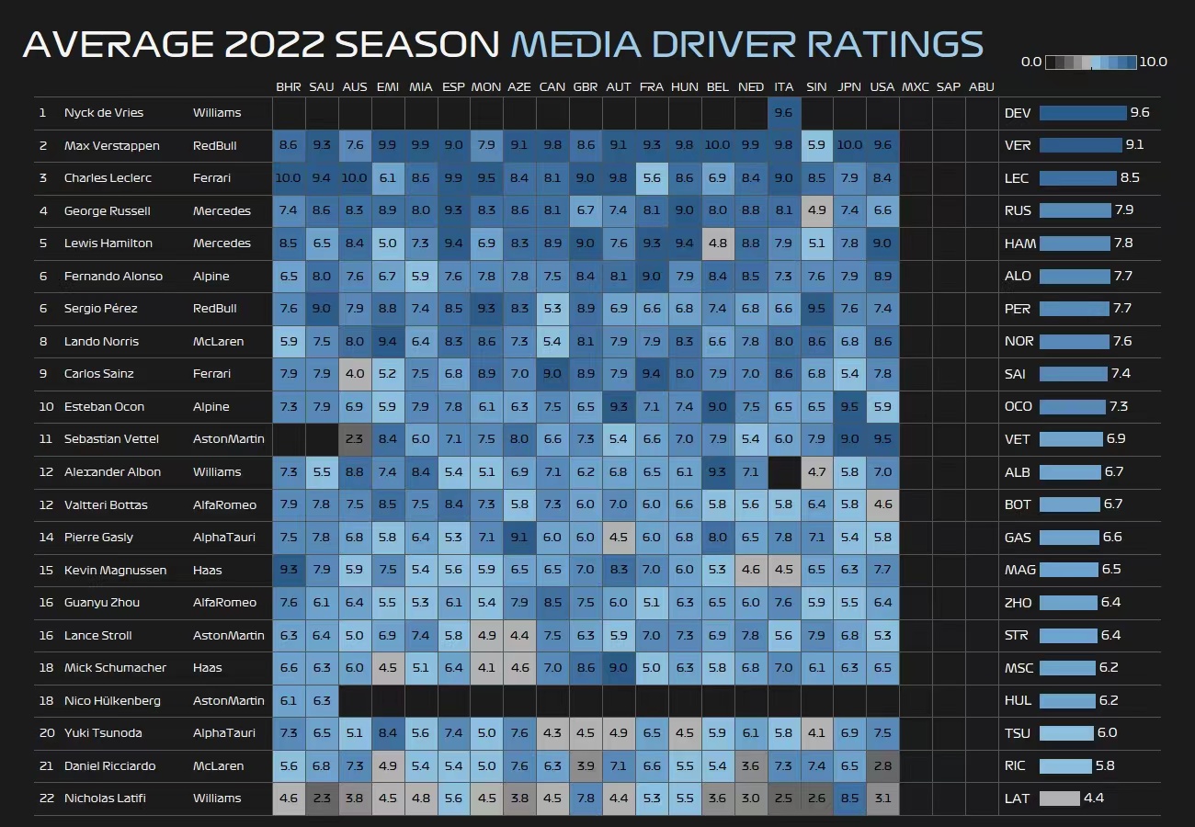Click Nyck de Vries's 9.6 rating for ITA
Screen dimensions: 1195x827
tap(784, 113)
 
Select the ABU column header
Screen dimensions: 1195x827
tap(981, 87)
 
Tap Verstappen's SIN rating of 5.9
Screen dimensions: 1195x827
tap(816, 145)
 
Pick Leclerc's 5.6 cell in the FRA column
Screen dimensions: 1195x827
tap(652, 178)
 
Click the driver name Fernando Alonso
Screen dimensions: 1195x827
tap(113, 277)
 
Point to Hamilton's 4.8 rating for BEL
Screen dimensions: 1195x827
tap(718, 244)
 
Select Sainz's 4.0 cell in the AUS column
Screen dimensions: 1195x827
tap(354, 374)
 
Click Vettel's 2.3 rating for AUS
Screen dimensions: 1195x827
tap(354, 439)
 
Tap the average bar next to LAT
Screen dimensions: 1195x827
tap(1060, 799)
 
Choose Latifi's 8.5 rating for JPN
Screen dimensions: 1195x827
tap(849, 799)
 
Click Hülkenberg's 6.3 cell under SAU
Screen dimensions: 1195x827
tap(321, 700)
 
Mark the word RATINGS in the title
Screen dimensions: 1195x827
tap(894, 44)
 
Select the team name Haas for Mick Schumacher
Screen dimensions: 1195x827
tap(207, 667)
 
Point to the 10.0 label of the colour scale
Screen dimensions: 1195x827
tap(1153, 62)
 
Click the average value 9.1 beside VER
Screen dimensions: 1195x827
tap(1134, 145)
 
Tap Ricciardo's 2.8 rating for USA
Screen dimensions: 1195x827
tap(882, 765)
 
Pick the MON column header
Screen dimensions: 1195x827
tap(486, 87)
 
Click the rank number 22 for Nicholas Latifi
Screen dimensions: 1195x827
tap(47, 799)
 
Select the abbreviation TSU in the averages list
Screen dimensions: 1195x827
tap(1017, 733)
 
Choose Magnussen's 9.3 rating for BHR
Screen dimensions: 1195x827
tap(289, 570)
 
